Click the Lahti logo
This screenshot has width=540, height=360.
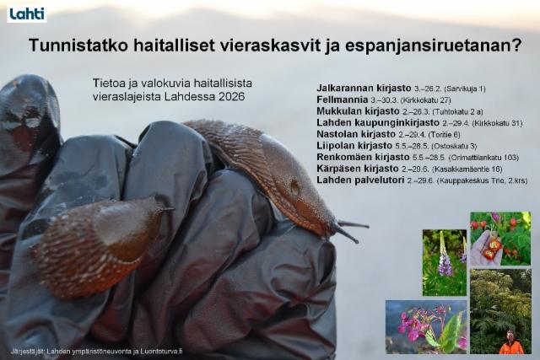pyautogui.click(x=26, y=13)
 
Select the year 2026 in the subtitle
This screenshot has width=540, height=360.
pyautogui.click(x=229, y=97)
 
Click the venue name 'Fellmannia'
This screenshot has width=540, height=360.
pyautogui.click(x=342, y=99)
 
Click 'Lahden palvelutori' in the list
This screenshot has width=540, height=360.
pyautogui.click(x=359, y=180)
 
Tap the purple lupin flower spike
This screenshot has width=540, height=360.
pyautogui.click(x=444, y=257)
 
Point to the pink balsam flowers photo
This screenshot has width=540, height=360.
pyautogui.click(x=426, y=326)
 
